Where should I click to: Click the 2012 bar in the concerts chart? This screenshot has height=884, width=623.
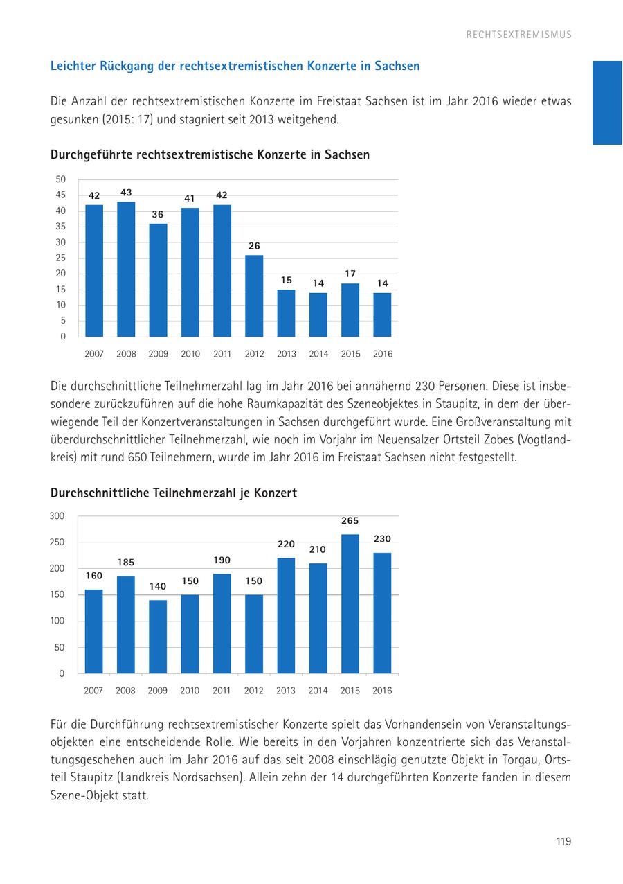(x=254, y=296)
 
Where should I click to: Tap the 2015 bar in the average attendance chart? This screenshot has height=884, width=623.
(x=350, y=603)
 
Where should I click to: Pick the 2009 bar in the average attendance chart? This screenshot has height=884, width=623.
(x=158, y=636)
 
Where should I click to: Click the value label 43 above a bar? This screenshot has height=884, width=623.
(x=126, y=193)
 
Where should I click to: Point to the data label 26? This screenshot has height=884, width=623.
(x=254, y=246)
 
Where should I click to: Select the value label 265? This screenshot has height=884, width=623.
(x=350, y=521)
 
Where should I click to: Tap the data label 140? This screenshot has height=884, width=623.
(x=158, y=586)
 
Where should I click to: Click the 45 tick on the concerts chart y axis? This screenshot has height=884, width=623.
(x=61, y=195)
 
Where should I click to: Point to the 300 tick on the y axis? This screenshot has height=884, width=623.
(x=57, y=515)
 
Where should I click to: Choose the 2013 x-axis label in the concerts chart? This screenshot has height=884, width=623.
(x=286, y=354)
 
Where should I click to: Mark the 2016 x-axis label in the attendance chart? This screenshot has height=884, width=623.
(x=382, y=691)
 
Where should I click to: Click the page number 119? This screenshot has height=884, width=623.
(x=563, y=842)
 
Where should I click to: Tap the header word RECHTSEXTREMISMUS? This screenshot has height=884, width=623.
(x=518, y=35)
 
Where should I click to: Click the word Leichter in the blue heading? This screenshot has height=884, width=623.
(x=74, y=67)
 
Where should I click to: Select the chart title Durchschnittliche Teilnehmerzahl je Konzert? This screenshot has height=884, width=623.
(x=174, y=493)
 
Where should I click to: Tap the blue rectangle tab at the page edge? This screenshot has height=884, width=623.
(x=607, y=103)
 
